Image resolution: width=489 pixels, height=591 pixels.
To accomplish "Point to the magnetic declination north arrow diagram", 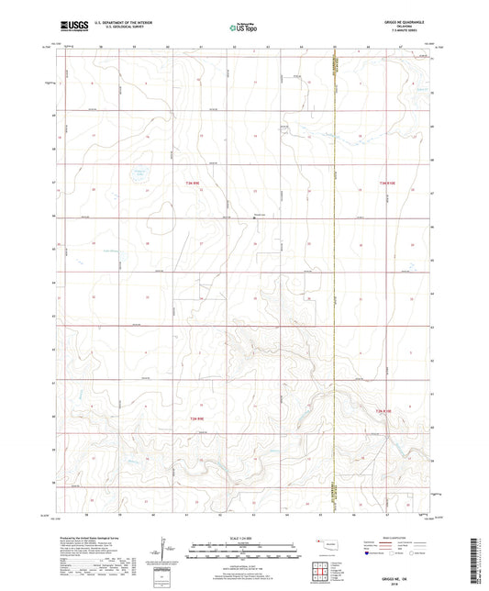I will pos(164,551).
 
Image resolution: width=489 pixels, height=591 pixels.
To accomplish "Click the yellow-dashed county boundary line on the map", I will pos(335,275).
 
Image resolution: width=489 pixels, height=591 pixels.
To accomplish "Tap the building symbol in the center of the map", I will pos(254,217).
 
